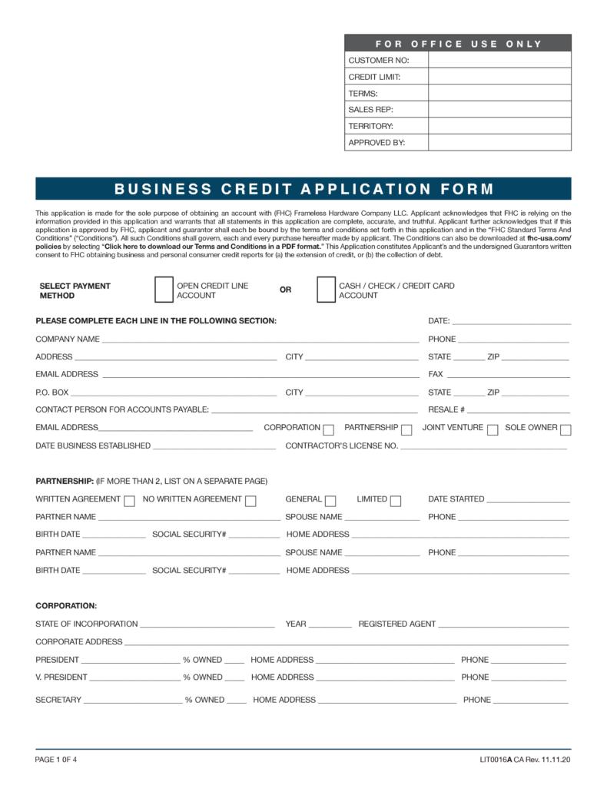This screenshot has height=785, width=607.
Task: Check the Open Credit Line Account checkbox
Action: [x=164, y=290]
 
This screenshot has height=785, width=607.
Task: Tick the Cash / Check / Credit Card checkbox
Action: [x=326, y=290]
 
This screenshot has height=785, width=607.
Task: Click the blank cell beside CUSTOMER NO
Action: [x=499, y=60]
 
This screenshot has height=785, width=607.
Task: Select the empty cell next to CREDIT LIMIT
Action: [x=499, y=77]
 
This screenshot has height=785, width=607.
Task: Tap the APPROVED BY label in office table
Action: [x=376, y=143]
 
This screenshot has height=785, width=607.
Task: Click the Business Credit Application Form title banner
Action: [x=303, y=189]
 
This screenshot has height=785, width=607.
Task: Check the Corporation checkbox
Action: [x=329, y=429]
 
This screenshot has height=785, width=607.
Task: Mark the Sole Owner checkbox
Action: [x=566, y=429]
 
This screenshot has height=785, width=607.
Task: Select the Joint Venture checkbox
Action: [x=493, y=429]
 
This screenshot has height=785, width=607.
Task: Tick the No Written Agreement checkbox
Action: [x=250, y=501]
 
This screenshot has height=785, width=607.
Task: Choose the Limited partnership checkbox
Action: [x=396, y=501]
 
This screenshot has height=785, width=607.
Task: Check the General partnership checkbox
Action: [x=331, y=501]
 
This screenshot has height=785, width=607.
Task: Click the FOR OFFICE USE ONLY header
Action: [x=458, y=44]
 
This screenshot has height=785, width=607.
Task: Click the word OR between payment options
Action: [x=286, y=290]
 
